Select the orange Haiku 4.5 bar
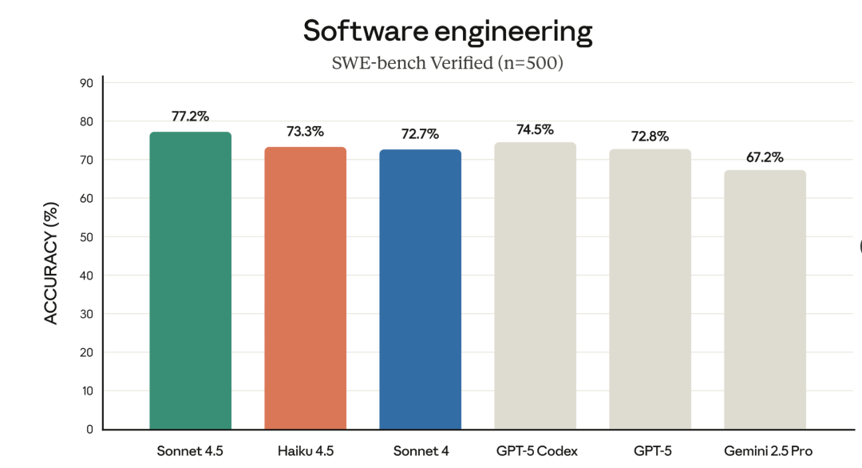pyautogui.click(x=305, y=288)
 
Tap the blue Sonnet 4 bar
pyautogui.click(x=420, y=290)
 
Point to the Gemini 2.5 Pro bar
pyautogui.click(x=765, y=300)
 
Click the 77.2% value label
pyautogui.click(x=190, y=117)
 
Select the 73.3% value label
pyautogui.click(x=305, y=132)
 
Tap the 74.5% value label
pyautogui.click(x=535, y=129)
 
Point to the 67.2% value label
pyautogui.click(x=765, y=156)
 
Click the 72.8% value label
pyautogui.click(x=650, y=136)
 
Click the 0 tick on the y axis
pyautogui.click(x=89, y=430)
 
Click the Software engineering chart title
pyautogui.click(x=448, y=31)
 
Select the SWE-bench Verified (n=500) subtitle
pyautogui.click(x=448, y=62)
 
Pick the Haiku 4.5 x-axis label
pyautogui.click(x=305, y=451)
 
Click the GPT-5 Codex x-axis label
pyautogui.click(x=535, y=451)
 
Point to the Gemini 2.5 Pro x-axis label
pyautogui.click(x=765, y=451)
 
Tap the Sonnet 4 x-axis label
pyautogui.click(x=420, y=451)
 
